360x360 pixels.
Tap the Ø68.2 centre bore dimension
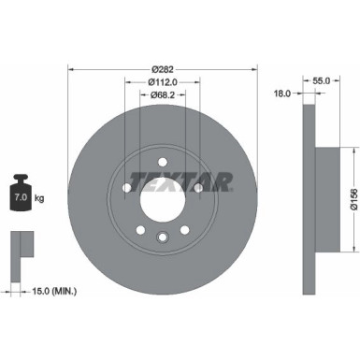coord(164,95)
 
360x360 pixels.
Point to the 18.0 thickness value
coord(281,93)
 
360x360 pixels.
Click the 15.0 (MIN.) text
coord(58,292)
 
